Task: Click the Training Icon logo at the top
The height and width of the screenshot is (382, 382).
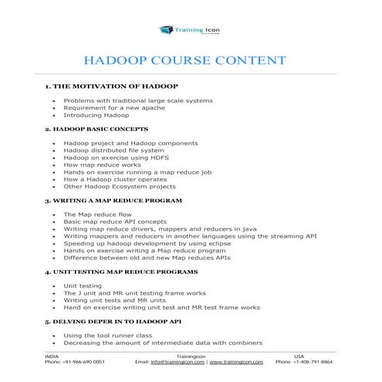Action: (x=190, y=29)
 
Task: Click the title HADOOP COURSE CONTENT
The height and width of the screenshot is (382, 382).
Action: (x=191, y=61)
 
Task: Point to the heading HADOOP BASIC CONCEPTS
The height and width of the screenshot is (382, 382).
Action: (x=96, y=128)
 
